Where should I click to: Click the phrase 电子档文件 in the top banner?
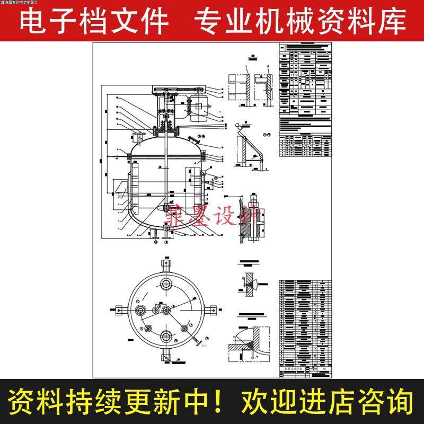[x=94, y=21]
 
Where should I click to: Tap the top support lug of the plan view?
[x=166, y=263]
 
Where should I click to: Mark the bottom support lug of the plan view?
[x=166, y=356]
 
